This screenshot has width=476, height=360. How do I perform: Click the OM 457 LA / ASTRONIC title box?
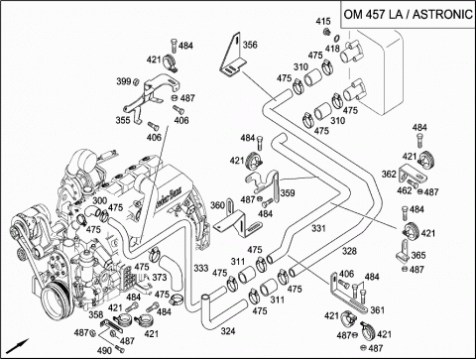pos(409,15)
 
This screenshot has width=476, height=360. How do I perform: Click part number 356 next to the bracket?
pos(250,45)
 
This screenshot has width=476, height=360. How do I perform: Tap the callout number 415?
pos(323,22)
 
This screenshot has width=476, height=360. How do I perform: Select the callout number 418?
pos(332,49)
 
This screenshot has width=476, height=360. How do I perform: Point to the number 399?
pos(124,81)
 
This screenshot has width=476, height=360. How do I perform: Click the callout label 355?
pos(123,120)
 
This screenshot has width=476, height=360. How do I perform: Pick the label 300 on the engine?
pos(99,200)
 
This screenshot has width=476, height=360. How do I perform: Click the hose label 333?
pos(201,268)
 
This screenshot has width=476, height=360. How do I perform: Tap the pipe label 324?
pos(228,331)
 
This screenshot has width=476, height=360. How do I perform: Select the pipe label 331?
pos(318,228)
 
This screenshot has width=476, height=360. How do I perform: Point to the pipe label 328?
pos(349,251)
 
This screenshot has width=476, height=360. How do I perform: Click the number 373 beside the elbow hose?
pos(160,277)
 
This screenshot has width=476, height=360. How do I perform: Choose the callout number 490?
pos(104,350)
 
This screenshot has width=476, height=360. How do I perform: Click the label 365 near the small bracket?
pos(418,255)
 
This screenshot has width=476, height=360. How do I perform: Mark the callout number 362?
pos(389,174)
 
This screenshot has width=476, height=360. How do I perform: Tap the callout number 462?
pos(405,190)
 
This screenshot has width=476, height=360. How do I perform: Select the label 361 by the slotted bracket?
pos(377,310)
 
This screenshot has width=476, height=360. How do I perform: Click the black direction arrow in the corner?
pos(18,346)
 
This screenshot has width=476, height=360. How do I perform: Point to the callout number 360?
pos(217,205)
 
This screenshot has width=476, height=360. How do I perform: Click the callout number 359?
pos(288,192)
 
